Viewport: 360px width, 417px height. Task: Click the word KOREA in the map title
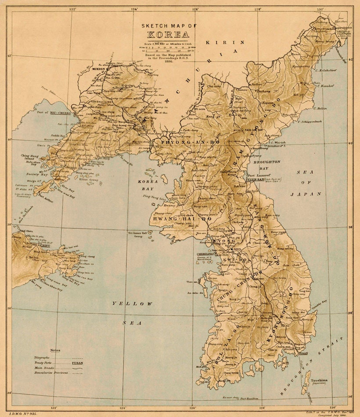pos(169,35)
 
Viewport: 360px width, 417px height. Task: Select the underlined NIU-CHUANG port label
pos(60,113)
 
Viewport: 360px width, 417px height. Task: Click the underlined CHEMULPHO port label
pos(205,254)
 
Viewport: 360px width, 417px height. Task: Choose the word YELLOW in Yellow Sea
pos(132,303)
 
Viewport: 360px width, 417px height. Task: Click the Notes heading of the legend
pos(55,350)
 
